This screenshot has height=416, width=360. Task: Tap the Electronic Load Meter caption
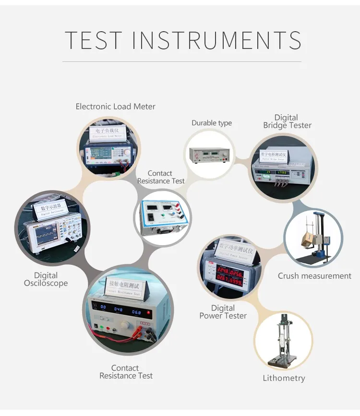[x=116, y=107]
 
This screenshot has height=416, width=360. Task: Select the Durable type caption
[x=212, y=123]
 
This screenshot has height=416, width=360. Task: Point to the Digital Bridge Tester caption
[x=287, y=121]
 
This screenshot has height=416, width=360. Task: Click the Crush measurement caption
[x=314, y=276]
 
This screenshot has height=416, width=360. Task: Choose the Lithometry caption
[x=284, y=378]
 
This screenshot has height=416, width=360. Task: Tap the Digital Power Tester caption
[x=223, y=312]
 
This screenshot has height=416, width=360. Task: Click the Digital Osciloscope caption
[x=46, y=279]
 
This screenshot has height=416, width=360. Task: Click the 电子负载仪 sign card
[x=109, y=132]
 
